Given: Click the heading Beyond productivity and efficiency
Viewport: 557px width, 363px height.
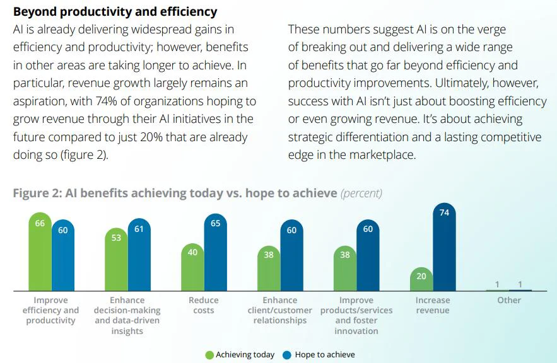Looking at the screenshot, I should click(x=115, y=11).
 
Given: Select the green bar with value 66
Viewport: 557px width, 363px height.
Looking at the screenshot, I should click(x=40, y=252).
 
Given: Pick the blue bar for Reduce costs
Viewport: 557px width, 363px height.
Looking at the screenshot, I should click(x=215, y=252).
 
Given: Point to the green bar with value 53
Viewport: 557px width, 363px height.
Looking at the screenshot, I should click(x=116, y=258).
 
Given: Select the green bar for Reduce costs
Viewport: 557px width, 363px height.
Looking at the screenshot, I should click(x=192, y=267).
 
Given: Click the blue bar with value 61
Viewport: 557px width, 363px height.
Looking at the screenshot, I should click(x=139, y=255).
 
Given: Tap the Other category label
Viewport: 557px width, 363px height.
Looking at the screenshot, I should click(x=508, y=300).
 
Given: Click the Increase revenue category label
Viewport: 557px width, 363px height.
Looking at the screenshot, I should click(x=432, y=305).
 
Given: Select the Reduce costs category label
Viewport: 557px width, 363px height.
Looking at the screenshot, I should click(x=203, y=305).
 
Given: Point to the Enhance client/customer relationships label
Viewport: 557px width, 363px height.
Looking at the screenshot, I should click(x=279, y=310).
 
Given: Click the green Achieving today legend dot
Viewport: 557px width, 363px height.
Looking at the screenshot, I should click(x=209, y=355).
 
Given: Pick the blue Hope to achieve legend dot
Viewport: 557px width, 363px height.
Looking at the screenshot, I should click(x=288, y=355).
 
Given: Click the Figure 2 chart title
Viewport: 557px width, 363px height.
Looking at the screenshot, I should click(x=175, y=193).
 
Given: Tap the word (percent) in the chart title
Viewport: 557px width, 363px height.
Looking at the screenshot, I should click(x=361, y=193).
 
